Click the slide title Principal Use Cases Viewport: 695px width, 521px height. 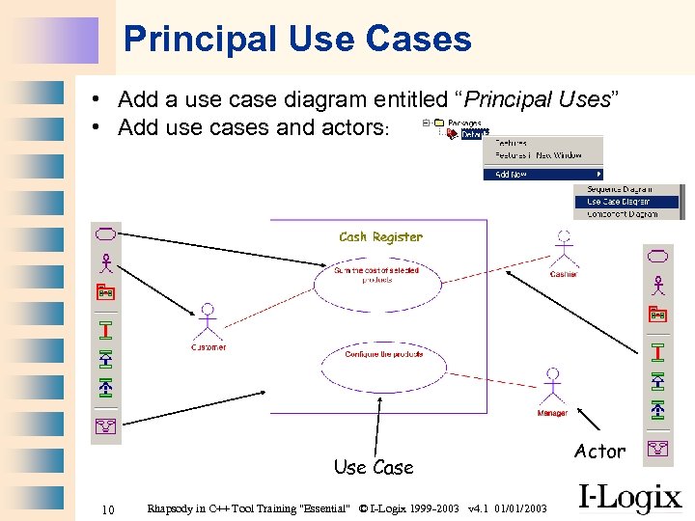pyautogui.click(x=297, y=39)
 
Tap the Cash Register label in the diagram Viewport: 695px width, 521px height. pyautogui.click(x=380, y=236)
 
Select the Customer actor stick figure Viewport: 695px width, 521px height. pyautogui.click(x=207, y=323)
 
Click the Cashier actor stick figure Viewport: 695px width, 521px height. pyautogui.click(x=562, y=250)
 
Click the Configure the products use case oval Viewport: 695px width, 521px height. pyautogui.click(x=383, y=355)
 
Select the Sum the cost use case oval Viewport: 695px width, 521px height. pyautogui.click(x=376, y=276)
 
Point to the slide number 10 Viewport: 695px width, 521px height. pyautogui.click(x=109, y=508)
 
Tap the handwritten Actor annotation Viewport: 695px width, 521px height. pyautogui.click(x=599, y=451)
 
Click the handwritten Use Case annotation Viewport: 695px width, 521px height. pyautogui.click(x=373, y=468)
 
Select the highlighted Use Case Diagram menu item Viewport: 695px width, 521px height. pyautogui.click(x=618, y=202)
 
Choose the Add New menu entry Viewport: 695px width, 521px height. pyautogui.click(x=512, y=175)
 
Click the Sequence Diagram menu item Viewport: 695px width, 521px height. pyautogui.click(x=619, y=189)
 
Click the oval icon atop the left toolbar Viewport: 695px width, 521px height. pyautogui.click(x=105, y=233)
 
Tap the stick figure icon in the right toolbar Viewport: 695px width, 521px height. pyautogui.click(x=658, y=285)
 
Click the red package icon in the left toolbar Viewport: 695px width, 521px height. pyautogui.click(x=105, y=291)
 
